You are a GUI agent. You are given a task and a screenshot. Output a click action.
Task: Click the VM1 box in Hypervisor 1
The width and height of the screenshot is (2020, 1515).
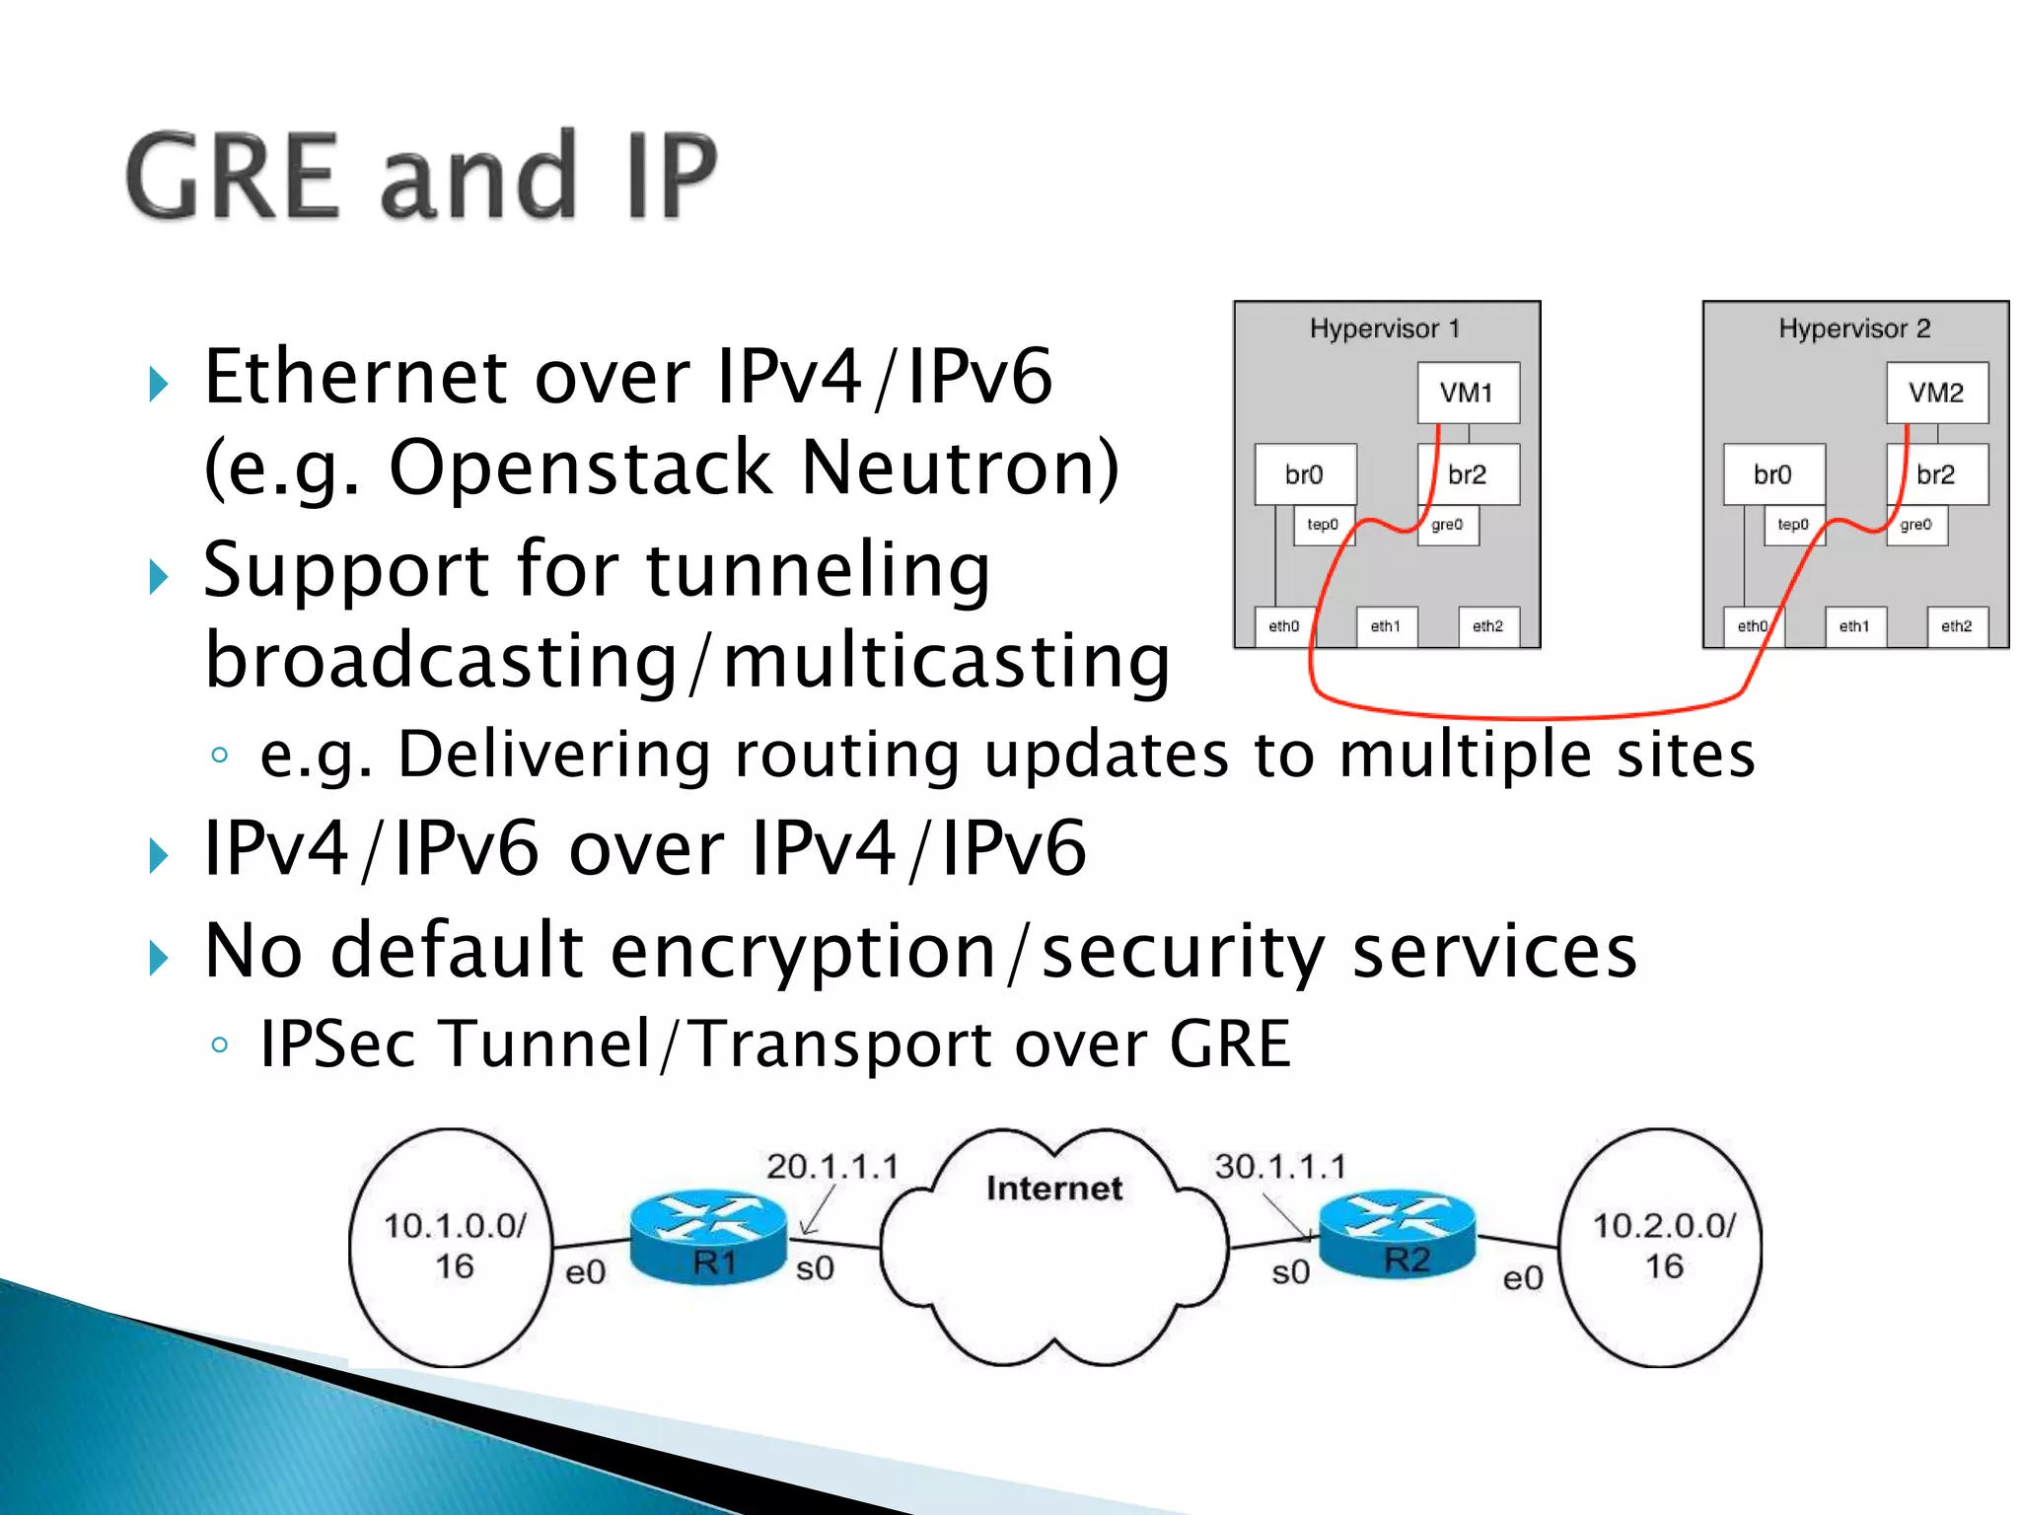pyautogui.click(x=1468, y=393)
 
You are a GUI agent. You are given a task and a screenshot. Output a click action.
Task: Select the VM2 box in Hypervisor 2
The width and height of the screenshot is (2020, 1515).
pyautogui.click(x=1936, y=393)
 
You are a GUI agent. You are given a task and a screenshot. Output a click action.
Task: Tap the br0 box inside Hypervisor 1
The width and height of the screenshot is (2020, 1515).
pyautogui.click(x=1305, y=474)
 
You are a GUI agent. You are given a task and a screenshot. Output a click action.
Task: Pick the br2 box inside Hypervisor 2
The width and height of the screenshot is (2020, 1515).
pyautogui.click(x=1936, y=474)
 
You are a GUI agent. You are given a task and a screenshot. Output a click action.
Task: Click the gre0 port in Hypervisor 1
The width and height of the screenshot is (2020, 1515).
pyautogui.click(x=1447, y=525)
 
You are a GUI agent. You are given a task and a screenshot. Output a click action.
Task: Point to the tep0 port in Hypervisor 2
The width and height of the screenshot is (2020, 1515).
pyautogui.click(x=1793, y=525)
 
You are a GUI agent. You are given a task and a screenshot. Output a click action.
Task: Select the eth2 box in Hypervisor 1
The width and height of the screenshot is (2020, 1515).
pyautogui.click(x=1487, y=626)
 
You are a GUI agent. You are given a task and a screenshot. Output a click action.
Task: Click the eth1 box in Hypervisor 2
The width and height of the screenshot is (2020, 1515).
pyautogui.click(x=1854, y=626)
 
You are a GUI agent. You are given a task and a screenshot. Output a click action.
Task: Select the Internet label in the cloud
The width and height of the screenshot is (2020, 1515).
pyautogui.click(x=1054, y=1189)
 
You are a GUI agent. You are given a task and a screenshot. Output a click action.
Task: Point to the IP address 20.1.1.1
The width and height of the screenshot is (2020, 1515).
pyautogui.click(x=832, y=1167)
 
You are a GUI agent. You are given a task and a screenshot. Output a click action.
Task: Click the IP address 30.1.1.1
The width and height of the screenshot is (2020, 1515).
pyautogui.click(x=1279, y=1167)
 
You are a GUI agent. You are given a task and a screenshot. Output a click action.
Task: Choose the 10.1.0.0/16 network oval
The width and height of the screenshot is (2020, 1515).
pyautogui.click(x=452, y=1247)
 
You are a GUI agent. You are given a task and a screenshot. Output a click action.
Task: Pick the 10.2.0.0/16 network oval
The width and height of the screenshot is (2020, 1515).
pyautogui.click(x=1662, y=1247)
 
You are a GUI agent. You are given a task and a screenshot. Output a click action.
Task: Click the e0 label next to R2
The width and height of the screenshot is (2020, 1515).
pyautogui.click(x=1522, y=1278)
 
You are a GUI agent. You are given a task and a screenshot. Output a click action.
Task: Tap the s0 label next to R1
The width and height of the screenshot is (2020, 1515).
pyautogui.click(x=815, y=1268)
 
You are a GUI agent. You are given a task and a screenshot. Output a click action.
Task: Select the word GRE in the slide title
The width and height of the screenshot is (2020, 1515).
pyautogui.click(x=233, y=178)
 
